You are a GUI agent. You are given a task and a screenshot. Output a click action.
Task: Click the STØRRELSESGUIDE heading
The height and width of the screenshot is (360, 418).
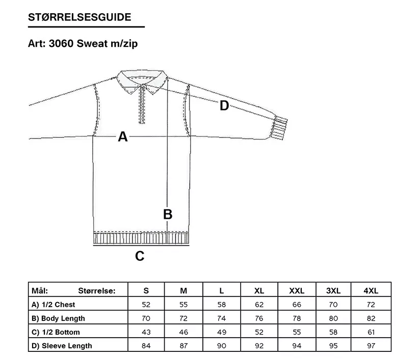point(80,17)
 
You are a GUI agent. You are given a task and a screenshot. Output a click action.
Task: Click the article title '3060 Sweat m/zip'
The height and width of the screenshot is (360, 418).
point(93,43)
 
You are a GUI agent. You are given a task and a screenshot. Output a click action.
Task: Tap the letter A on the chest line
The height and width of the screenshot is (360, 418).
point(123,136)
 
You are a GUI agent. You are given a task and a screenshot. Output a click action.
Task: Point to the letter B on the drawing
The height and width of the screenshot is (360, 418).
point(168,214)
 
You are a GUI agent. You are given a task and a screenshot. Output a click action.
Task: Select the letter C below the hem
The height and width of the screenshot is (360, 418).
point(140,256)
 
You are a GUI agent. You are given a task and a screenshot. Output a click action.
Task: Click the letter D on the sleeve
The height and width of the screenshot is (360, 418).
point(224,106)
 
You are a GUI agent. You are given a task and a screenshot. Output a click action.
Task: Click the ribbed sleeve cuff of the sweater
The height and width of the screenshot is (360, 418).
point(279,127)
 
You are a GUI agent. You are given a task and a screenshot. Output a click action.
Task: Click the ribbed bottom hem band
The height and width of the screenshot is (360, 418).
point(141,238)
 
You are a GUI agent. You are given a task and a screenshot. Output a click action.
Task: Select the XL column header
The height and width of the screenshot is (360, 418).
point(259,291)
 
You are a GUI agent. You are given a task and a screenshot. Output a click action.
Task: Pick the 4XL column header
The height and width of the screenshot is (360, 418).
point(371,291)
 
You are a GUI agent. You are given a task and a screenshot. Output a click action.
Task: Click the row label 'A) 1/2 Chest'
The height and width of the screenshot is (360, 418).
point(53,304)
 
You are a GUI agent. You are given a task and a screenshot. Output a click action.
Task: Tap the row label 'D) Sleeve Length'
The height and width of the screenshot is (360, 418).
point(62,346)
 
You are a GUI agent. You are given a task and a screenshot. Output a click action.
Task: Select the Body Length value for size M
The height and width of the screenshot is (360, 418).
point(184,318)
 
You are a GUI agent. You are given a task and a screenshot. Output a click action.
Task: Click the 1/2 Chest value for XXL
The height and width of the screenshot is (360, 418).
point(297,304)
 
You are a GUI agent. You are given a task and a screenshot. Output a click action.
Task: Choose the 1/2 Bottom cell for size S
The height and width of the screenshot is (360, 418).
point(146,332)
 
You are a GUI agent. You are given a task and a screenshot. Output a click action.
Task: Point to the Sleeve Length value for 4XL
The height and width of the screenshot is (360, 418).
point(371,346)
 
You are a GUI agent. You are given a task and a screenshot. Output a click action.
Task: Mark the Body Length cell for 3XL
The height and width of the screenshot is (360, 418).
point(333,318)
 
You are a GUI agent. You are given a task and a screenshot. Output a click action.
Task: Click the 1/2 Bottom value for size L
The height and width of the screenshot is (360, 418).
point(222,332)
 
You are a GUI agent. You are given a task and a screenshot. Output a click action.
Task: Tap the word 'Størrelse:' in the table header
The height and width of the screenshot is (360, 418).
point(97,291)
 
